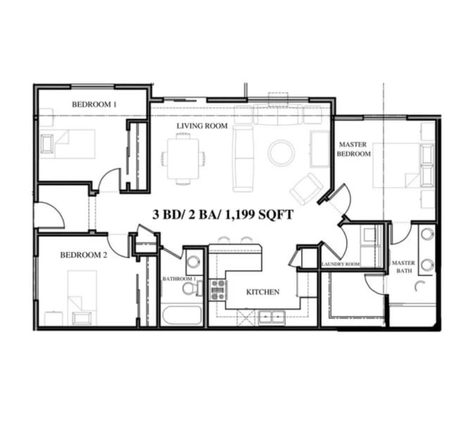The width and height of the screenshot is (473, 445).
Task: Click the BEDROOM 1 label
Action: click(x=94, y=104)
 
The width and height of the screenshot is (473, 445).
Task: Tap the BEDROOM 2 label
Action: click(x=84, y=255)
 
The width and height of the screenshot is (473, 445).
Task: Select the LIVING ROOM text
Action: click(x=202, y=126)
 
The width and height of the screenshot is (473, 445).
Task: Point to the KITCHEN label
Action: click(x=263, y=292)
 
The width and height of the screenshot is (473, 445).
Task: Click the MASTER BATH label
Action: click(x=403, y=267)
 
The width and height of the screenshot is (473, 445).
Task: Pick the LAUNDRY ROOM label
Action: click(x=341, y=264)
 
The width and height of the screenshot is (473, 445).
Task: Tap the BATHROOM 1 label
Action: click(x=179, y=279)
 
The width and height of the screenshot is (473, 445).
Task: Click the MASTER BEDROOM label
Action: click(x=353, y=149)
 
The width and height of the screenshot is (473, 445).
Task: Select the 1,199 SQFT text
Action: click(x=259, y=215)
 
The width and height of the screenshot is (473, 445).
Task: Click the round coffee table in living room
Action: click(x=281, y=152)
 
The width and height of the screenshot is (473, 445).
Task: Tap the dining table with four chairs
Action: click(x=183, y=158)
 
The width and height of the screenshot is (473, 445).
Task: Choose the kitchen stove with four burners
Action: click(x=218, y=290)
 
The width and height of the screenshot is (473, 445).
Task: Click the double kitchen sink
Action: click(x=272, y=318)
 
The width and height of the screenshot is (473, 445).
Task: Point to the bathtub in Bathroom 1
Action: click(x=182, y=315)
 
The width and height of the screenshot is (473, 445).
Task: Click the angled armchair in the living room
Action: click(x=306, y=189)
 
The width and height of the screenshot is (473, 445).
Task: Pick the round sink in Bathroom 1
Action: click(x=194, y=261)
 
